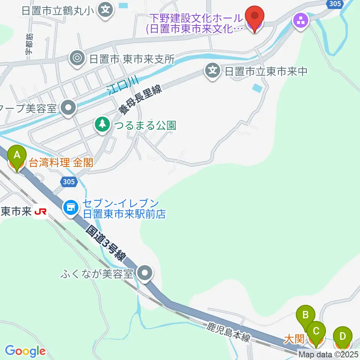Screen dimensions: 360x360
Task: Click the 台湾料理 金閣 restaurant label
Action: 61,163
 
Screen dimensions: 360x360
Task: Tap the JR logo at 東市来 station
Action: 40,212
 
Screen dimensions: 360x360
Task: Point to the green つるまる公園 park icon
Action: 102,125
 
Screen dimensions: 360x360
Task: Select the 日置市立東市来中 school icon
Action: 213,71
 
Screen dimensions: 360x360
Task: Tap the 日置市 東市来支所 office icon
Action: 77,58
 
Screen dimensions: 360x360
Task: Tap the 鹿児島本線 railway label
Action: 228,333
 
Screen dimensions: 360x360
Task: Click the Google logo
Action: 25,351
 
